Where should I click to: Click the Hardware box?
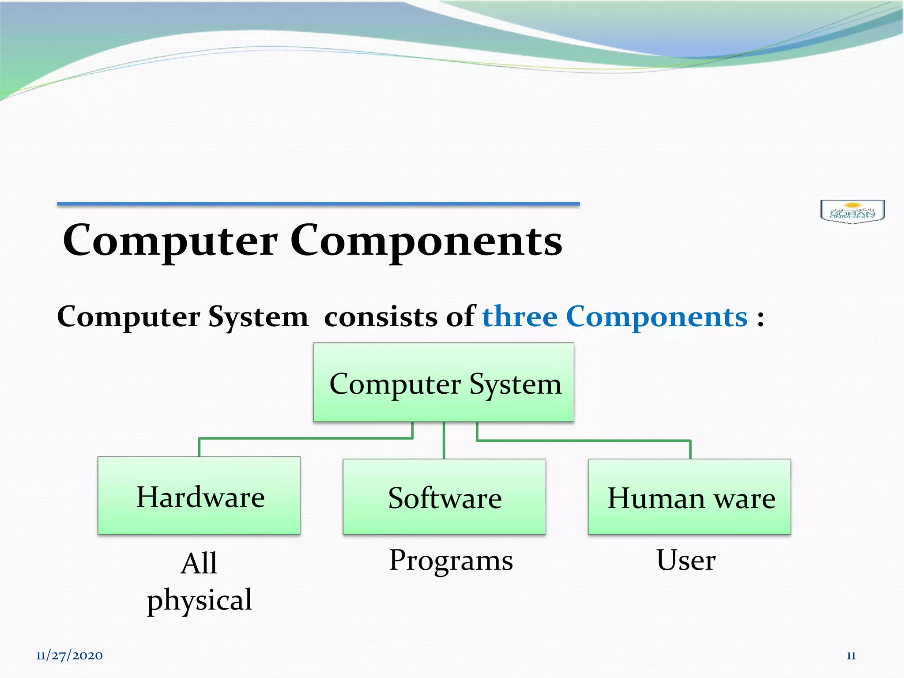(199, 496)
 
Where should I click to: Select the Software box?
(444, 497)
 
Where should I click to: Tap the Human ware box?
(689, 497)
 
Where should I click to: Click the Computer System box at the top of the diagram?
(444, 383)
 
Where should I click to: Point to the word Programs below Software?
(451, 561)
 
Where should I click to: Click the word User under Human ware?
(686, 560)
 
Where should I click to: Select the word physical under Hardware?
(200, 600)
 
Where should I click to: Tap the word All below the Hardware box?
(199, 564)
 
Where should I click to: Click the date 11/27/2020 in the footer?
(69, 655)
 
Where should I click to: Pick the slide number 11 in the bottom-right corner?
(851, 656)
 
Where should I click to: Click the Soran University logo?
(852, 211)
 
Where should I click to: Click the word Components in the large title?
(426, 241)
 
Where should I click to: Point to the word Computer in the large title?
(170, 241)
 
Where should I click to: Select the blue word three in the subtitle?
(520, 317)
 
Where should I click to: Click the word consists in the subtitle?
(380, 317)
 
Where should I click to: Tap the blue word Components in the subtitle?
(656, 317)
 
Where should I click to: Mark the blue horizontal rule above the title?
(318, 203)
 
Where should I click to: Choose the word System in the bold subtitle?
(258, 317)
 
